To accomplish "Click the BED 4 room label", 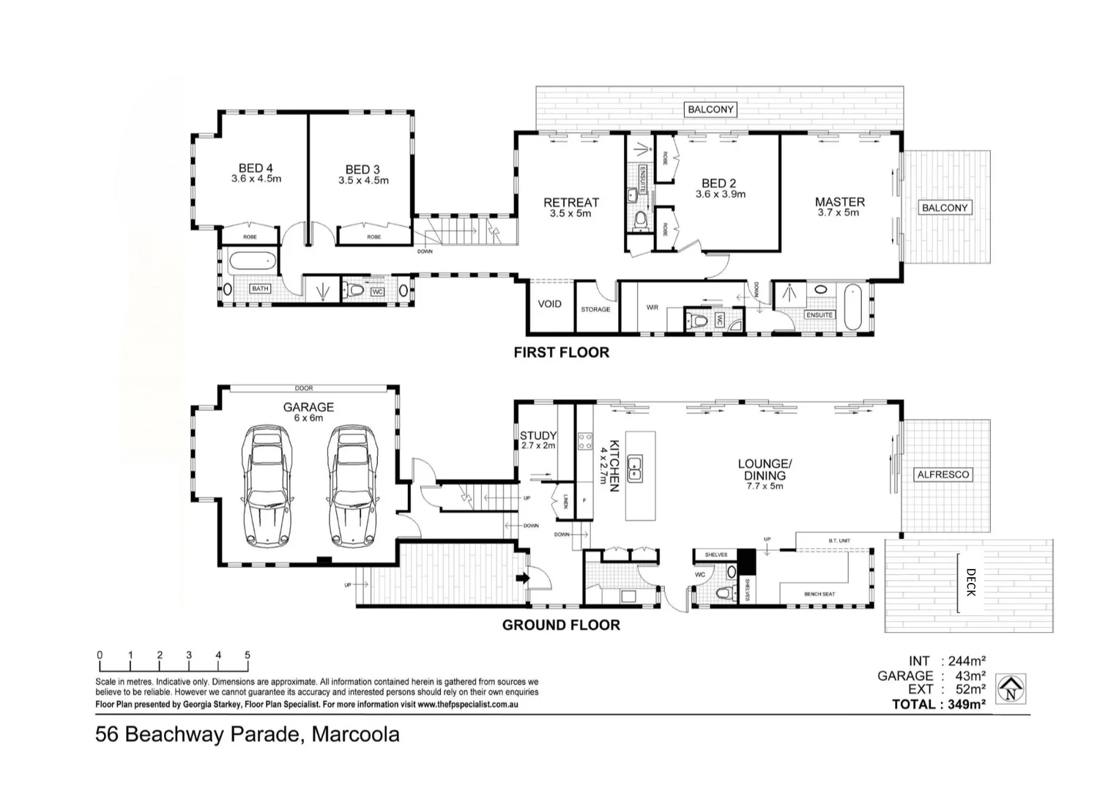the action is [x=256, y=168].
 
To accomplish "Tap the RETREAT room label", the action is [x=571, y=202].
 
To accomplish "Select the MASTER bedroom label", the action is [x=840, y=202].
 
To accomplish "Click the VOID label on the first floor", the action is [x=549, y=304].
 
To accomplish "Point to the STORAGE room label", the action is [x=595, y=309].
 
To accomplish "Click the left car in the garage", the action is [x=267, y=485].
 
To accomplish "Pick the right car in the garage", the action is [x=353, y=485].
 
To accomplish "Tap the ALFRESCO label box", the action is [x=943, y=475].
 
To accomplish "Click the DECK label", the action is [x=970, y=582].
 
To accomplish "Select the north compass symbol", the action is [x=1011, y=689].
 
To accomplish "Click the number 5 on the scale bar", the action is [x=248, y=655].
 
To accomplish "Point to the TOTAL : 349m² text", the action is [x=939, y=705].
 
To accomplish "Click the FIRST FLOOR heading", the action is [x=562, y=353].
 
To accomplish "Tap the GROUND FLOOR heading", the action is [x=561, y=625].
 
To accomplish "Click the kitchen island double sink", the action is [x=634, y=469].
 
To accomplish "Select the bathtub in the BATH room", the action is [x=252, y=261].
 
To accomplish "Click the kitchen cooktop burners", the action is [x=585, y=442].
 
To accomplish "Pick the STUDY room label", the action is [x=538, y=436].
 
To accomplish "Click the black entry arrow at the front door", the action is [x=523, y=578].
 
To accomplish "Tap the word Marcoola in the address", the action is [x=356, y=735].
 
